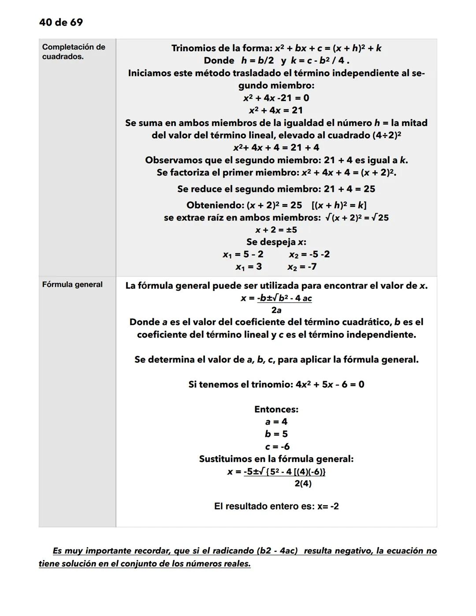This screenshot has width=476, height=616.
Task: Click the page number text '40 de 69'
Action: pyautogui.click(x=61, y=22)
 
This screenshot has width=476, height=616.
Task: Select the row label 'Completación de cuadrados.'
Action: pyautogui.click(x=73, y=52)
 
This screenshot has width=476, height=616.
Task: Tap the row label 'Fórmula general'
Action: pyautogui.click(x=72, y=285)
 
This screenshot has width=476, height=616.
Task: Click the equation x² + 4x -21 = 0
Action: pyautogui.click(x=276, y=98)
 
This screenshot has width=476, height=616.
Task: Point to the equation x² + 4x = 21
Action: pyautogui.click(x=276, y=110)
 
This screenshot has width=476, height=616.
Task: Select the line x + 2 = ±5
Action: pyautogui.click(x=276, y=230)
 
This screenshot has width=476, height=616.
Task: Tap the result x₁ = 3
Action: pyautogui.click(x=249, y=267)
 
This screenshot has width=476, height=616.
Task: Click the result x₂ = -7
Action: pyautogui.click(x=302, y=267)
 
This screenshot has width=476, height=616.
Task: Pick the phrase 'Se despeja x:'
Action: pyautogui.click(x=276, y=242)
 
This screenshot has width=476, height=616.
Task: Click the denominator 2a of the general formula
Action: pyautogui.click(x=276, y=310)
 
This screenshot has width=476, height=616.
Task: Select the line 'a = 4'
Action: pyautogui.click(x=276, y=422)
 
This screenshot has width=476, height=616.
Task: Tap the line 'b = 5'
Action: pyautogui.click(x=276, y=434)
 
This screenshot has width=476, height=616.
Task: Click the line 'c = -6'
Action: pyautogui.click(x=277, y=446)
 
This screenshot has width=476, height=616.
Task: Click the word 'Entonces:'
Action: pyautogui.click(x=276, y=409)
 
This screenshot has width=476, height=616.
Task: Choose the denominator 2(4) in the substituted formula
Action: pyautogui.click(x=303, y=484)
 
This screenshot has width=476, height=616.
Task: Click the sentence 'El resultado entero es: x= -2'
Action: pyautogui.click(x=276, y=506)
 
